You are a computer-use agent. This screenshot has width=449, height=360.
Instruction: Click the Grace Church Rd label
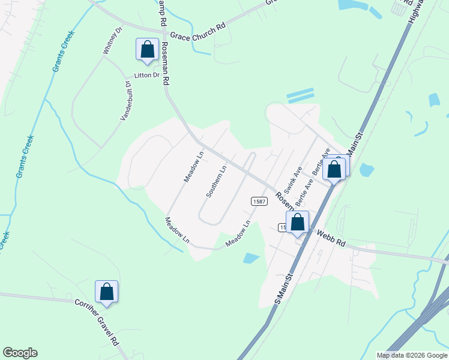[x=198, y=35]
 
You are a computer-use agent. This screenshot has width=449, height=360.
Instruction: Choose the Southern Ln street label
[x=216, y=181]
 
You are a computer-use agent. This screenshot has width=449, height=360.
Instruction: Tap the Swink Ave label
[x=297, y=175]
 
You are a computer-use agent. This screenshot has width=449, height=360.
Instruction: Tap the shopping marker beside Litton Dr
[x=147, y=50]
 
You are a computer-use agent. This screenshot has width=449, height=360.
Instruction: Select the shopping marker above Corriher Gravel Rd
[x=106, y=292]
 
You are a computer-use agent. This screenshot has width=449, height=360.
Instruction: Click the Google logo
[x=20, y=353]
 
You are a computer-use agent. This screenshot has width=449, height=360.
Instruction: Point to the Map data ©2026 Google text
[x=412, y=355]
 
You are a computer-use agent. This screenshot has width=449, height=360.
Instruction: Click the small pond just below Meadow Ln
[x=251, y=259]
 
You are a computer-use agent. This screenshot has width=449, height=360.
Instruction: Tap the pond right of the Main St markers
[x=366, y=170]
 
